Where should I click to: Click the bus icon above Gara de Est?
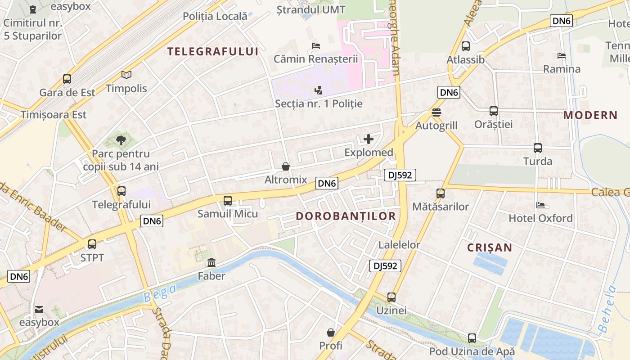point(67,79)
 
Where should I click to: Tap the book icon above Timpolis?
point(126,75)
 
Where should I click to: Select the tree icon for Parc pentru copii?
point(121,140)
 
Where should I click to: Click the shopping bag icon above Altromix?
point(285,166)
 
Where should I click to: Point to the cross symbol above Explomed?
point(369,139)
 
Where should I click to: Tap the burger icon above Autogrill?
point(436,112)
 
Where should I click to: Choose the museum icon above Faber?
point(211,262)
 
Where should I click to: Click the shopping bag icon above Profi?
point(331,332)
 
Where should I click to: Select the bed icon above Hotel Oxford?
point(540,205)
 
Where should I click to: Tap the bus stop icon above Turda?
point(537,148)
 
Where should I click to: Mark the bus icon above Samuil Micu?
point(228,200)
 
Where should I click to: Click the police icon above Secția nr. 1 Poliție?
point(319,90)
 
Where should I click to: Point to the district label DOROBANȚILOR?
point(346,216)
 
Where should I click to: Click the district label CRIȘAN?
point(490,247)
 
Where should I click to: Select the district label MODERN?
point(590,115)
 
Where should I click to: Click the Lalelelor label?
point(399,245)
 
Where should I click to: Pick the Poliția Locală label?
point(215,16)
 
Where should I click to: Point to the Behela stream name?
point(607,310)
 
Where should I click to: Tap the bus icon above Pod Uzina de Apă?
point(472,338)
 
